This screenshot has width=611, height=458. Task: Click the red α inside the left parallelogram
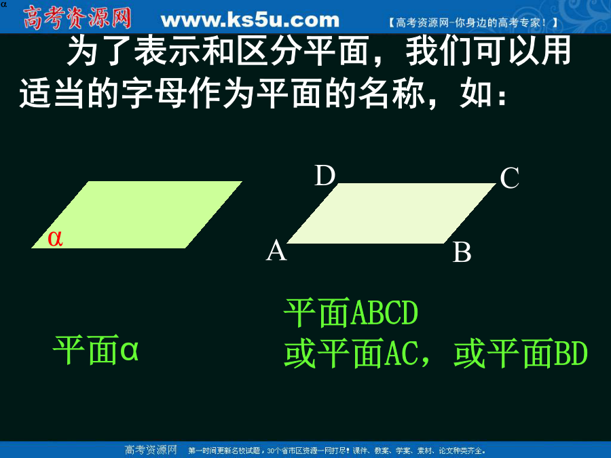pos(55,238)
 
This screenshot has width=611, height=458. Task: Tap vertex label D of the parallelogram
pos(325,175)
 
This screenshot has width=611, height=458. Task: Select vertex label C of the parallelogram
pos(509,178)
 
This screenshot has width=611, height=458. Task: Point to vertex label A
pos(276,250)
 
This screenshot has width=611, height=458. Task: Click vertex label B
pos(462,252)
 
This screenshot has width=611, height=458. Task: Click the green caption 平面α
pos(96,349)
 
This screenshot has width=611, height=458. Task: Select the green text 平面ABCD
pos(351,313)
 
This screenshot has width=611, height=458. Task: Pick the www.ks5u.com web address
pos(250,20)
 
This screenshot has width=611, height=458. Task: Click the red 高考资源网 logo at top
pos(77,18)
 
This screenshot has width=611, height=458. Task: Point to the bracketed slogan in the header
pos(473,22)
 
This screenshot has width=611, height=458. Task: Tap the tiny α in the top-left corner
pos(3,5)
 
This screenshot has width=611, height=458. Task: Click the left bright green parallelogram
pos(136,214)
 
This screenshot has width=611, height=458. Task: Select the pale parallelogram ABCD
pos(392,214)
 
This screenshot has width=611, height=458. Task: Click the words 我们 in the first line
pos(440,51)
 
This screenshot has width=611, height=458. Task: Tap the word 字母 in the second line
pos(154,94)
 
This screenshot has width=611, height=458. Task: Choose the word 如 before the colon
pos(475,94)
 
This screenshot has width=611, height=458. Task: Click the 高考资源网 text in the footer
pos(151,451)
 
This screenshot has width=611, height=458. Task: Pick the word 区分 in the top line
pos(270,51)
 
